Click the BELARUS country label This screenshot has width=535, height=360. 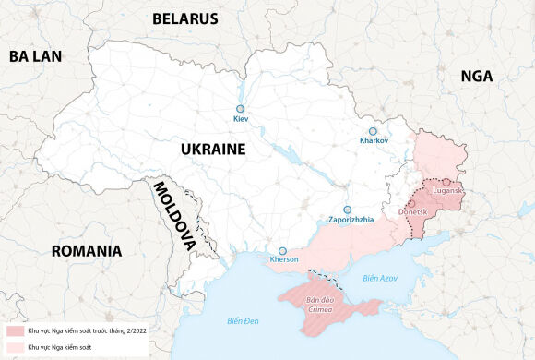(184, 18)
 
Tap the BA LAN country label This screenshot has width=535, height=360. (35, 56)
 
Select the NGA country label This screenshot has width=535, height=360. (478, 78)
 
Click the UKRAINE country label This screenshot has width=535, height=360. (212, 149)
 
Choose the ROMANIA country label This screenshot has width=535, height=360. (87, 250)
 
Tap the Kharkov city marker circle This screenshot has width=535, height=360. (373, 131)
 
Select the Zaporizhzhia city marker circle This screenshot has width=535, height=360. (348, 210)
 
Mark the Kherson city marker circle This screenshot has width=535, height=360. (283, 250)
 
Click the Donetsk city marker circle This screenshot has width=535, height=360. (412, 202)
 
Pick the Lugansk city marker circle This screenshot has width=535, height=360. (446, 182)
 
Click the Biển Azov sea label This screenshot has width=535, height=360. (379, 278)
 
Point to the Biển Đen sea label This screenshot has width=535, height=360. (244, 320)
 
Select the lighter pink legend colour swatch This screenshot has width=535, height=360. (14, 346)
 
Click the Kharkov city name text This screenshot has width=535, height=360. (374, 140)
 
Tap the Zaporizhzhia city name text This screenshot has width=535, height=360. (351, 220)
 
